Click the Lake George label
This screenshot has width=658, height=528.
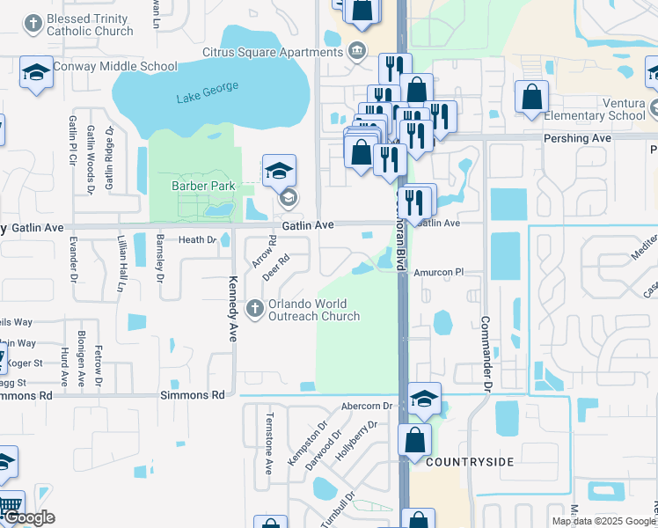click(207, 96)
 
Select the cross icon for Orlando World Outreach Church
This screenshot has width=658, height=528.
click(255, 307)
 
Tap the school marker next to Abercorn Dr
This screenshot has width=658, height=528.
click(424, 399)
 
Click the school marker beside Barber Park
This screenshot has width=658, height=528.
click(279, 170)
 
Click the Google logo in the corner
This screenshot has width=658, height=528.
click(28, 518)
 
